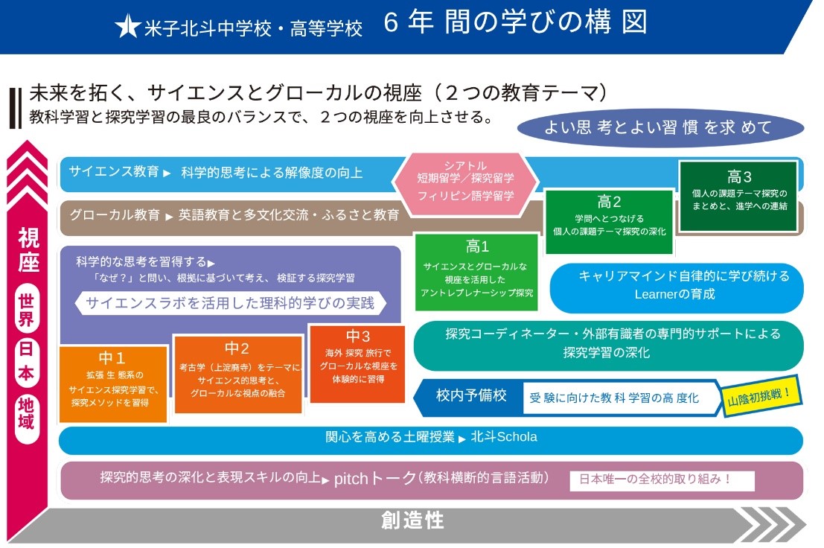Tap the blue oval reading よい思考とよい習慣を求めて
click(x=660, y=128)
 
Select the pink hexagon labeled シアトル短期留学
click(x=465, y=181)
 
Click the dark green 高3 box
click(x=738, y=196)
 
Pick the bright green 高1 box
click(x=476, y=270)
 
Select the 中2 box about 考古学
click(x=237, y=375)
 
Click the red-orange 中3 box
click(x=357, y=363)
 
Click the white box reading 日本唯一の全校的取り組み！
click(x=662, y=479)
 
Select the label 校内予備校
click(x=471, y=395)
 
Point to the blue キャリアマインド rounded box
click(x=676, y=287)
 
